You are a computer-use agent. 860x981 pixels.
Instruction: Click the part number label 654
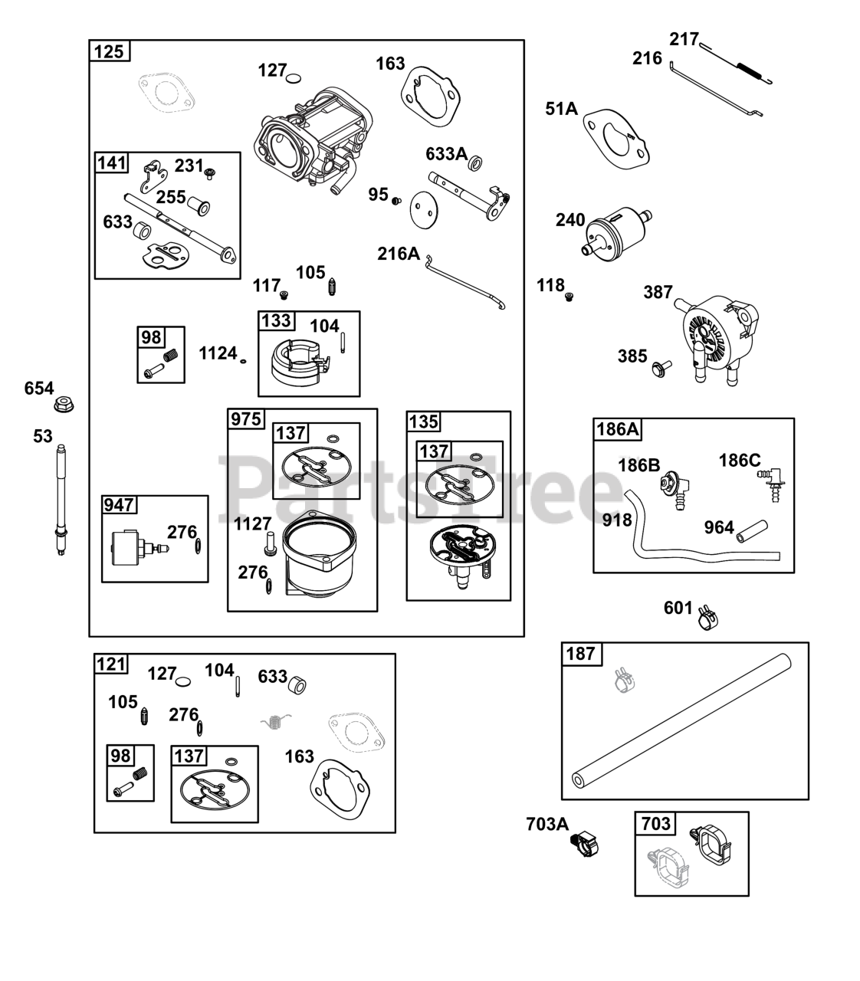tap(39, 388)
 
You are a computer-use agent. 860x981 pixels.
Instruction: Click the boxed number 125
tap(109, 52)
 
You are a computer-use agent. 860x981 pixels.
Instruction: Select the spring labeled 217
tap(736, 62)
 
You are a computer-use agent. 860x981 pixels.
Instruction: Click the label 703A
tap(547, 824)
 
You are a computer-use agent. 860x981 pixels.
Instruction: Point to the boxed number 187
tap(580, 654)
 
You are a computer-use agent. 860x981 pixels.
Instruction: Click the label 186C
tap(739, 460)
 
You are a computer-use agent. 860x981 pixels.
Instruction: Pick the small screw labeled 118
tap(569, 297)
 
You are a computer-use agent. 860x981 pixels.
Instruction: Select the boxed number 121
tap(111, 664)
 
